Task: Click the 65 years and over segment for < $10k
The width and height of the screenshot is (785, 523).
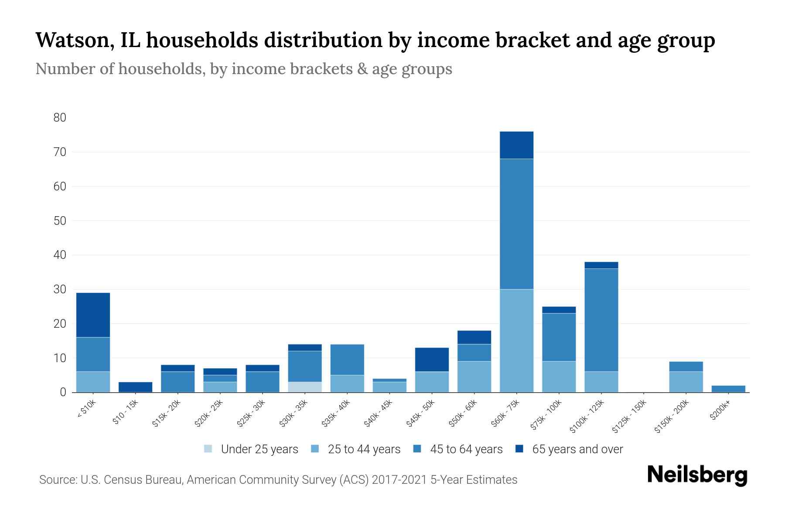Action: point(93,315)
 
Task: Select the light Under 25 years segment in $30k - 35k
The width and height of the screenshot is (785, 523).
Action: point(305,387)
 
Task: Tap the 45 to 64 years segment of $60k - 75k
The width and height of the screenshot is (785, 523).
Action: point(516,224)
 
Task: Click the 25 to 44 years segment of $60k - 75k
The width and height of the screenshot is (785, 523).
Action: point(516,341)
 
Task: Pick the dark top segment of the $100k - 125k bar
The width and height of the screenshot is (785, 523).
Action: point(601,265)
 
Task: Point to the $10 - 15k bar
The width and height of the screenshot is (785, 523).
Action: point(135,387)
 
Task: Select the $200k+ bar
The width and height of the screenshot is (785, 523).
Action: point(728,389)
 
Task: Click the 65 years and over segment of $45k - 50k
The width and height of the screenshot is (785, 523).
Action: point(432,360)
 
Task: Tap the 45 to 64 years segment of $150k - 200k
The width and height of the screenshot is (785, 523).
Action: point(686,367)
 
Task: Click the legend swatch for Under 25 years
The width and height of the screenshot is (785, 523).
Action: point(208,449)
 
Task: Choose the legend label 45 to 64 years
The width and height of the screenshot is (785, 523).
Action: point(466,449)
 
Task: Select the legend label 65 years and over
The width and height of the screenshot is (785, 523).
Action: point(577,449)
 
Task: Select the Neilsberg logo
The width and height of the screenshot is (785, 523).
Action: point(697,475)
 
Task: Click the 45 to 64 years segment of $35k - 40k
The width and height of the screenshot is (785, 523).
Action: point(347,360)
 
